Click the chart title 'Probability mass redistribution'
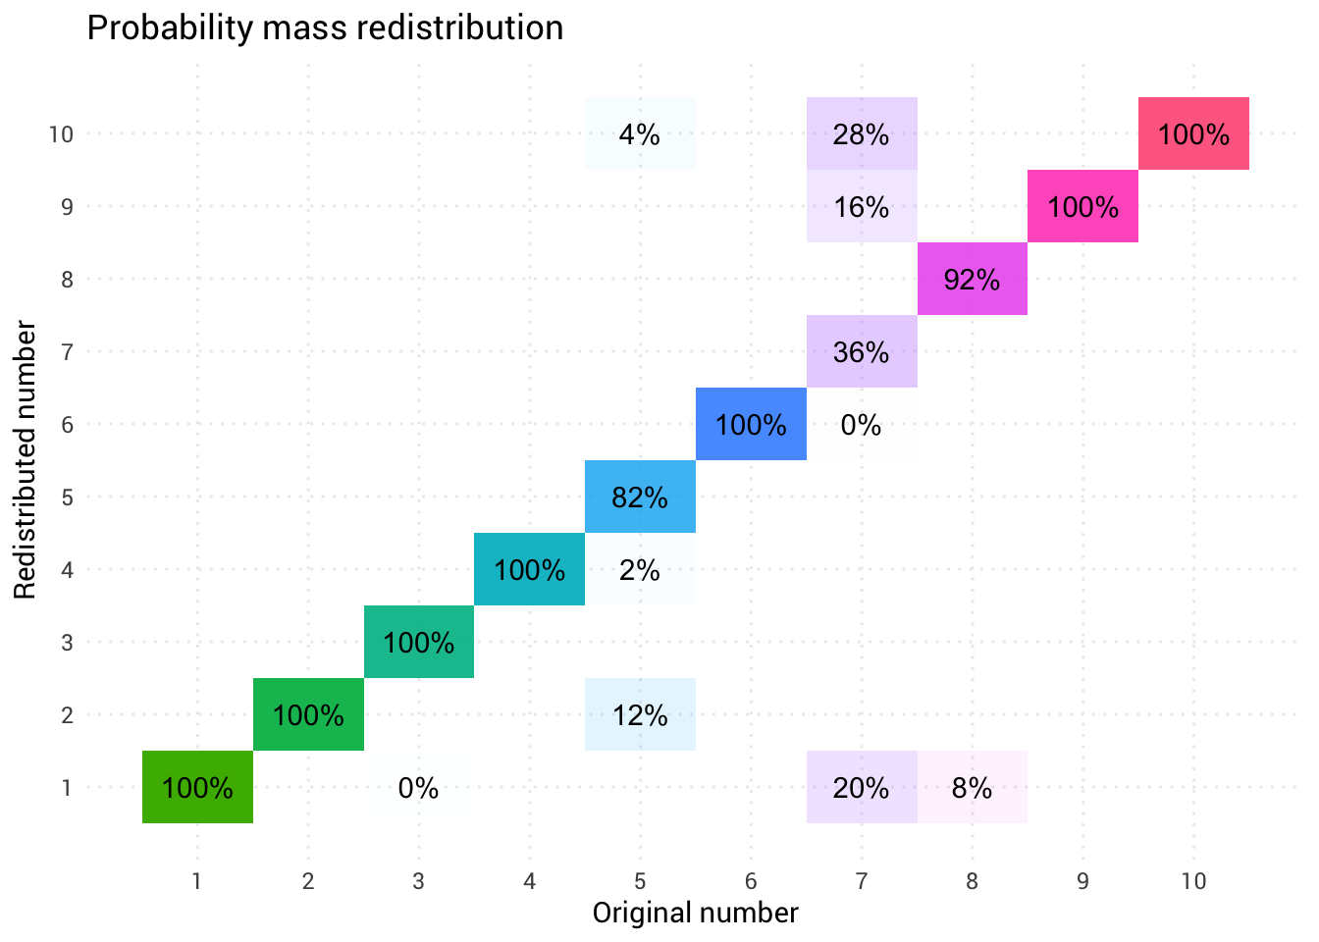[x=325, y=28]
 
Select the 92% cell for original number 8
[x=972, y=280]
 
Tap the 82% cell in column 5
[x=640, y=497]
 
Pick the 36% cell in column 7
[x=862, y=352]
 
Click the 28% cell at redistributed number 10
[x=862, y=134]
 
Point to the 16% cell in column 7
[x=862, y=207]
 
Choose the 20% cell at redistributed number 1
[x=862, y=788]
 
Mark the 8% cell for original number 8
[x=972, y=788]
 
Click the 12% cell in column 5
[x=640, y=715]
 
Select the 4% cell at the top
[x=640, y=134]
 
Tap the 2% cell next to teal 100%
[x=640, y=570]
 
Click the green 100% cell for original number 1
[x=197, y=788]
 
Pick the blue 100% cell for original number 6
[x=751, y=425]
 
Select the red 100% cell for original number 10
[x=1193, y=134]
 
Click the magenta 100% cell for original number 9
[x=1082, y=207]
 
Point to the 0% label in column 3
[x=418, y=788]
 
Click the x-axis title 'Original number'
[x=695, y=914]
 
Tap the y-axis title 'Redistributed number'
[x=26, y=459]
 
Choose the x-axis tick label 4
[x=530, y=881]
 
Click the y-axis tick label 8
[x=67, y=280]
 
